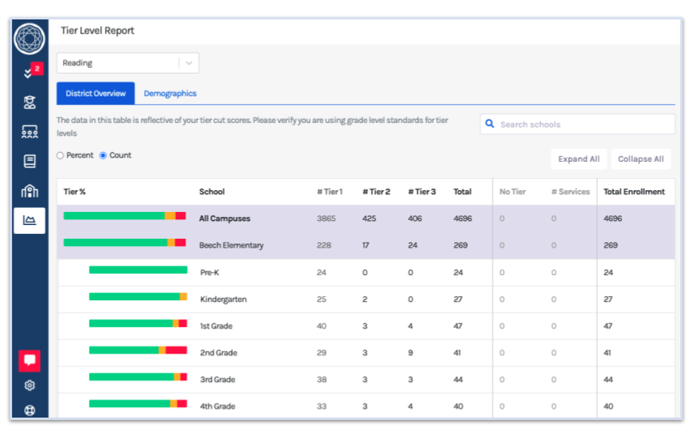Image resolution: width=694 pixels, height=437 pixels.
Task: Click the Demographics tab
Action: pyautogui.click(x=170, y=94)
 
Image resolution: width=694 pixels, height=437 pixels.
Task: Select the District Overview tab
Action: pyautogui.click(x=95, y=94)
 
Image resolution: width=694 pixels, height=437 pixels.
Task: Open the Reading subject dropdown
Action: pyautogui.click(x=127, y=63)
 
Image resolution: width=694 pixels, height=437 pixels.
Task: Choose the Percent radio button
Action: pyautogui.click(x=61, y=155)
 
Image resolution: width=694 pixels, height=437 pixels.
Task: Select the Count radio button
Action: pyautogui.click(x=103, y=155)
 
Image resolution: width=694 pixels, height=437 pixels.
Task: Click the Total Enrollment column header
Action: pyautogui.click(x=634, y=192)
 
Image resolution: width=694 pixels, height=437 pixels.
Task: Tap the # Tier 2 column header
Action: pyautogui.click(x=376, y=192)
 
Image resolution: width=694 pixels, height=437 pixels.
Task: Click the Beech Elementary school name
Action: pyautogui.click(x=231, y=245)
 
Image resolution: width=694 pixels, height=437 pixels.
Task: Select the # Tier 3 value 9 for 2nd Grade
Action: pyautogui.click(x=410, y=353)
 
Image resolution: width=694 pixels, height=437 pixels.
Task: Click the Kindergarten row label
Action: pyautogui.click(x=223, y=299)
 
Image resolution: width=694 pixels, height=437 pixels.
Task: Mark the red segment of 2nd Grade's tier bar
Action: pyautogui.click(x=176, y=350)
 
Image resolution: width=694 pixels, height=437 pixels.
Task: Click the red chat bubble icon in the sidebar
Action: pyautogui.click(x=30, y=360)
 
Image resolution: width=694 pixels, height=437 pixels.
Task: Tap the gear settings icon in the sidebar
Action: pyautogui.click(x=30, y=386)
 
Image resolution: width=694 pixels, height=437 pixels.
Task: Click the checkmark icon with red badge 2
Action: pyautogui.click(x=29, y=74)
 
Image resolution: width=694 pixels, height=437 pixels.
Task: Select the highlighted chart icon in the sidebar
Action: pyautogui.click(x=30, y=220)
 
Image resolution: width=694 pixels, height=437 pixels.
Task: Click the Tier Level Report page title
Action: pyautogui.click(x=97, y=31)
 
